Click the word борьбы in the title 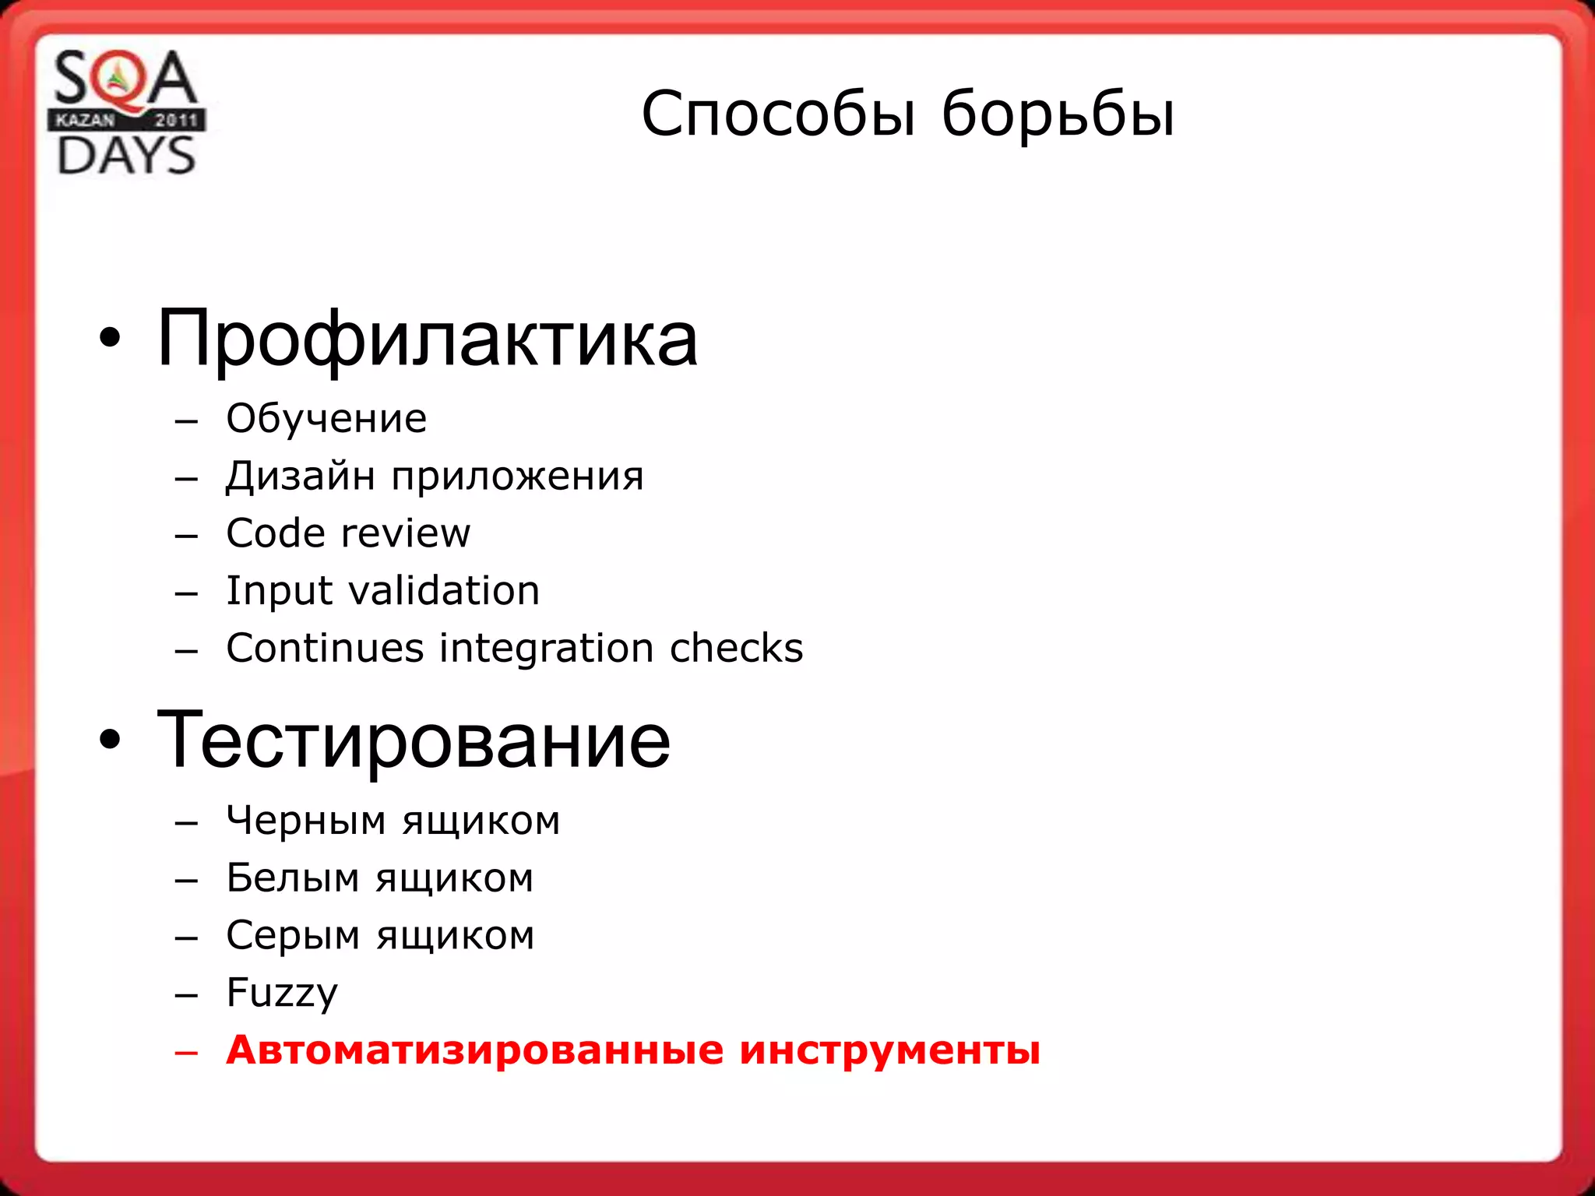(x=1058, y=115)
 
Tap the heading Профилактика (x=427, y=339)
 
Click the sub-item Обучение (x=326, y=419)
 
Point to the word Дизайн (x=301, y=476)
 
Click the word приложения (x=517, y=477)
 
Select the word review (x=406, y=533)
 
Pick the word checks (x=736, y=648)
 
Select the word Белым (x=293, y=878)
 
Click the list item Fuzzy (x=282, y=994)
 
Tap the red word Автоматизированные (x=475, y=1050)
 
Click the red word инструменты (x=889, y=1051)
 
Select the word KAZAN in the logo (x=85, y=120)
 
